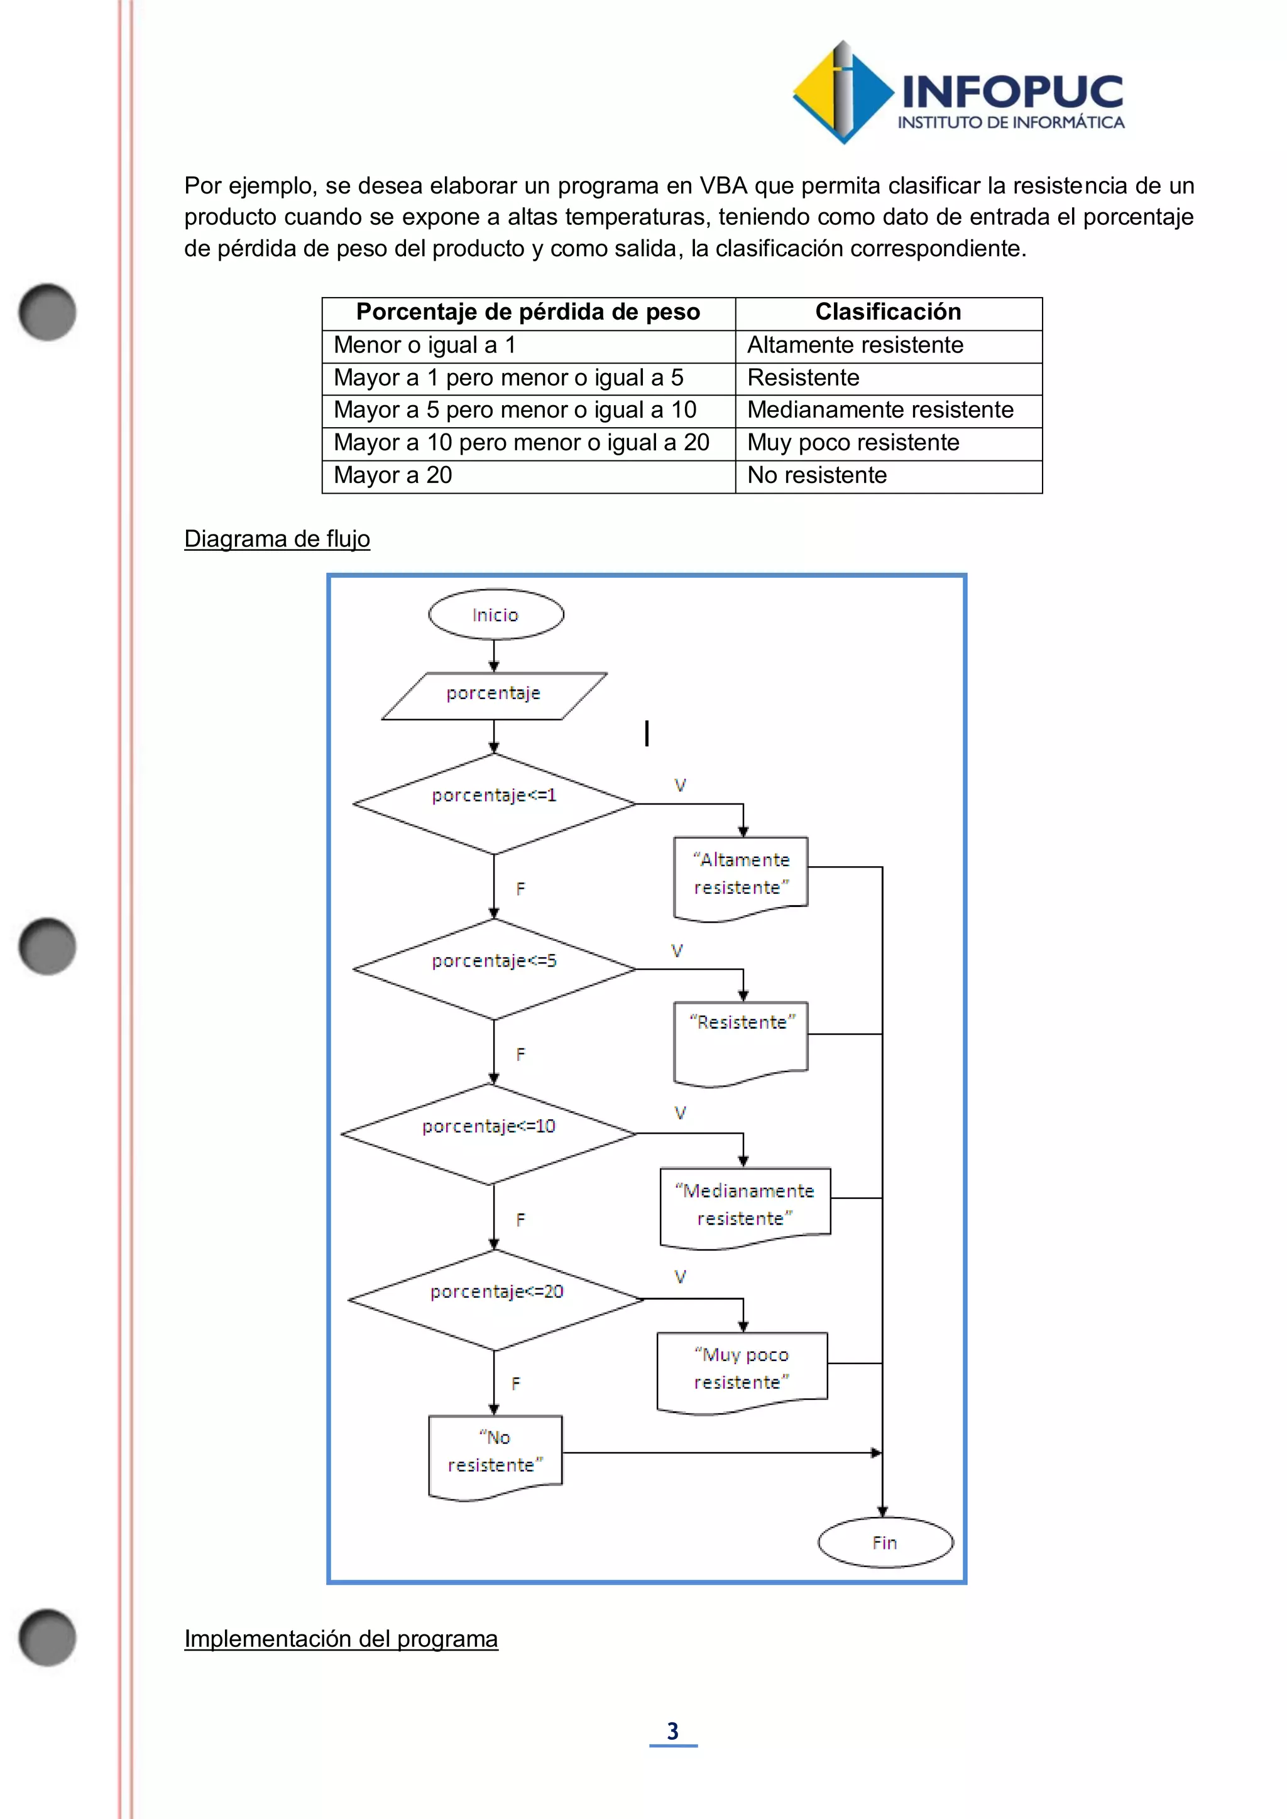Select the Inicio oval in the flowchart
coord(495,614)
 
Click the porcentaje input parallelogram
coord(494,695)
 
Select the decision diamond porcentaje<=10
coord(489,1133)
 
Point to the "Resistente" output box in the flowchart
coord(741,1040)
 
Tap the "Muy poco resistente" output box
coord(742,1369)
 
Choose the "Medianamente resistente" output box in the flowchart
coord(745,1204)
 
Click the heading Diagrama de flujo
coord(277,539)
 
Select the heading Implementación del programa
coord(341,1638)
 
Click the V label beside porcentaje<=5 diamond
coord(677,951)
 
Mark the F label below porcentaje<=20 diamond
coord(516,1383)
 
